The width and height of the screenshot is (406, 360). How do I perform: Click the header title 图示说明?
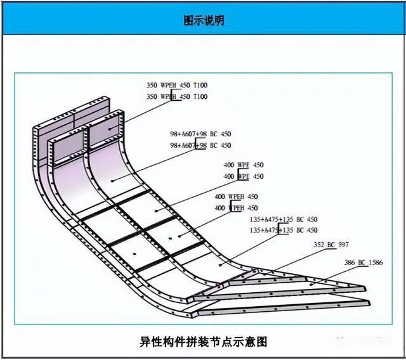[203, 20]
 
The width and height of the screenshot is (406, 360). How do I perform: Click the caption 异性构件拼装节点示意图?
[203, 342]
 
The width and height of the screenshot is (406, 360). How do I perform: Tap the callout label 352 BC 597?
[331, 245]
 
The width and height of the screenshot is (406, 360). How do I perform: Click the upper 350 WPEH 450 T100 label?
[177, 85]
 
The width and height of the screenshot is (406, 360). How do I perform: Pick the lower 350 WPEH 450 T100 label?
[177, 96]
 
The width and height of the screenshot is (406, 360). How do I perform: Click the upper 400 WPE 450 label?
[244, 165]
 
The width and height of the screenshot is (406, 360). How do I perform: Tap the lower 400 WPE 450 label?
[244, 176]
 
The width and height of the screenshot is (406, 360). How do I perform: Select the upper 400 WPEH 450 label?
[236, 196]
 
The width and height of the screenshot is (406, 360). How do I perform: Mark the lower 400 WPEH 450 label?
[236, 208]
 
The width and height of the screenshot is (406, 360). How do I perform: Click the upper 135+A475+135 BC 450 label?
[284, 219]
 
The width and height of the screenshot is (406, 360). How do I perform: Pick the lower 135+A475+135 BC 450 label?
[284, 231]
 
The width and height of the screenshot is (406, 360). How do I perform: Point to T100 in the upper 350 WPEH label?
[200, 85]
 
